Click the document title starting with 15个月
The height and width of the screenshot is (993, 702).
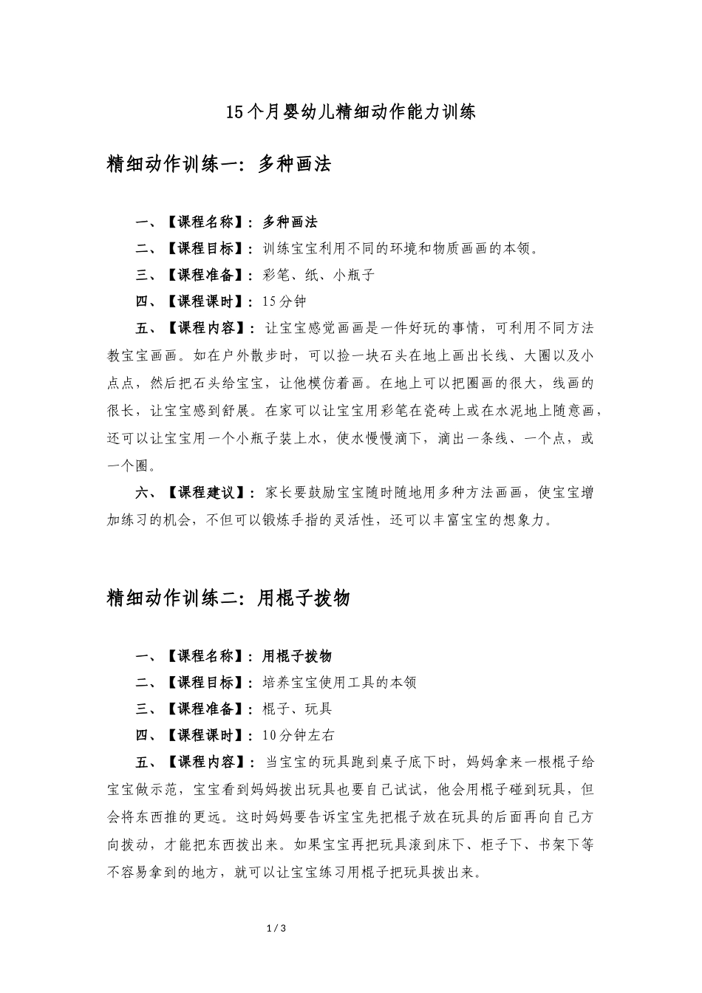coord(350,112)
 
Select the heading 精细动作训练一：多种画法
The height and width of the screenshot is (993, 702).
coord(219,164)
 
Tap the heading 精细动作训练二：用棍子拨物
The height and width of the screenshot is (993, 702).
coord(228,598)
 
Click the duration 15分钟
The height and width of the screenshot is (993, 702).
coord(284,301)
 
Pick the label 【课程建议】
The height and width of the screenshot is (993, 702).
coord(207,493)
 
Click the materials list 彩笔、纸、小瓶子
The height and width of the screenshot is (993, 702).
coord(318,275)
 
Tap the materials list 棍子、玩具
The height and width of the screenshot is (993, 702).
coord(297,709)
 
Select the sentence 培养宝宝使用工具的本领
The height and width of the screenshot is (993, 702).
coord(339,682)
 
